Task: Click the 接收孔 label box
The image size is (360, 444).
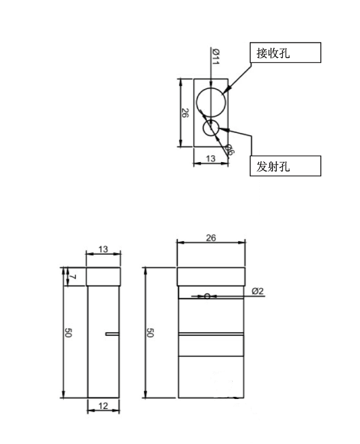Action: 285,53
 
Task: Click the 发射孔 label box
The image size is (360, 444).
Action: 285,166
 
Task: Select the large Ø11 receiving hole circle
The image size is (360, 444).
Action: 211,101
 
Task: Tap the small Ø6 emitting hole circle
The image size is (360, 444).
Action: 211,128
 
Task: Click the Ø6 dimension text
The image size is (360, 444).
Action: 229,149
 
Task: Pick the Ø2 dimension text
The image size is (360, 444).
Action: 258,290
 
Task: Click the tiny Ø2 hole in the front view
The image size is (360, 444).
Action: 207,296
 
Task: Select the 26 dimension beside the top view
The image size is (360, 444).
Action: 185,112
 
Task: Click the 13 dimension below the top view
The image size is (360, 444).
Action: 210,158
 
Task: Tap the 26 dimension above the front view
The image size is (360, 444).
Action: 210,238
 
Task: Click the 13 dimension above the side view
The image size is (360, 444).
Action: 103,248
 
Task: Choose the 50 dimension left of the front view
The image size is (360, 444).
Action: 150,333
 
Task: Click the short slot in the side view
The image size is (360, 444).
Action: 112,334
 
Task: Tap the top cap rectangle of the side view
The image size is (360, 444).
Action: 103,277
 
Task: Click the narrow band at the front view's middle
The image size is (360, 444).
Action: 211,334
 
